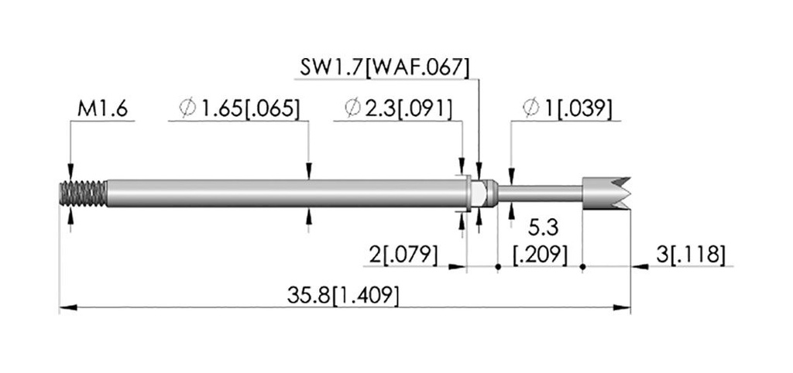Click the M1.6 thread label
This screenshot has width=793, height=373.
pyautogui.click(x=102, y=108)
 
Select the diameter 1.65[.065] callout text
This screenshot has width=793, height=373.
pyautogui.click(x=239, y=108)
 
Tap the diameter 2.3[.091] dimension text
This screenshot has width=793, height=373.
pyautogui.click(x=398, y=108)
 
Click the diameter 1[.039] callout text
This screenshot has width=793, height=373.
pyautogui.click(x=568, y=108)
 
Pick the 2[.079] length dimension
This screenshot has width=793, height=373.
pyautogui.click(x=403, y=255)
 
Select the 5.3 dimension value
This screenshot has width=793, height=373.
pyautogui.click(x=543, y=228)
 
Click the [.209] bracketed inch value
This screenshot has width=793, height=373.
pyautogui.click(x=540, y=255)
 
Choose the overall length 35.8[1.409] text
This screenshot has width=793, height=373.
pyautogui.click(x=343, y=295)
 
